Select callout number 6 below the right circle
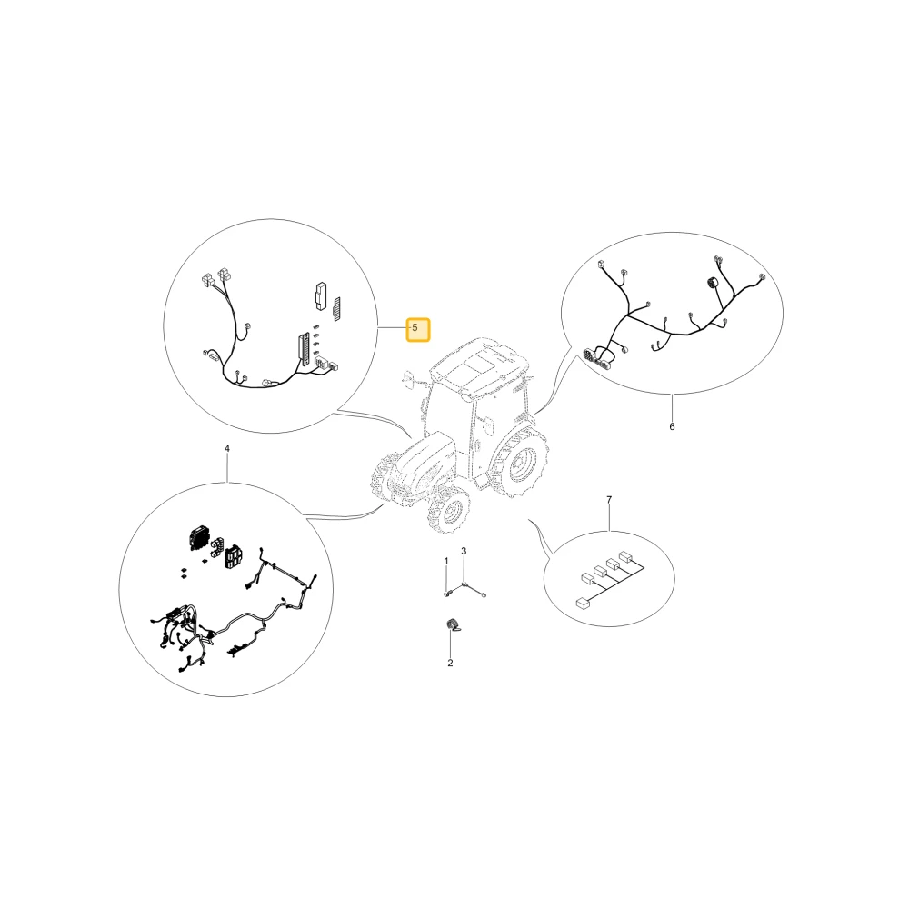[672, 426]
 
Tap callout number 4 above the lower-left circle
[226, 449]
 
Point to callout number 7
[609, 500]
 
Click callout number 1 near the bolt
[445, 561]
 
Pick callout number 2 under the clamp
[450, 664]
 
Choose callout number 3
[464, 551]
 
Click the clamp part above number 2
[452, 625]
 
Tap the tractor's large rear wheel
[519, 462]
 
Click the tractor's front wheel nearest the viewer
[448, 510]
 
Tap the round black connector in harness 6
[713, 284]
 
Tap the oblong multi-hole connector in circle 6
[598, 359]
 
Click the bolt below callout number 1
[446, 593]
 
